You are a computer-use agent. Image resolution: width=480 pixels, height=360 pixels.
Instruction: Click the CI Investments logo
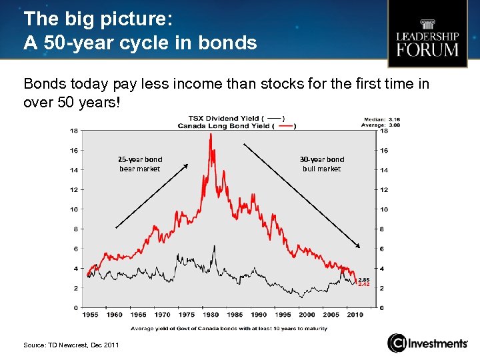point(428,343)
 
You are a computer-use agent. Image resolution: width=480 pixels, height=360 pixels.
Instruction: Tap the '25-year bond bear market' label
point(140,164)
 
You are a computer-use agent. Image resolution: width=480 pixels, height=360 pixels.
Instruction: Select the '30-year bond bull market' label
point(322,164)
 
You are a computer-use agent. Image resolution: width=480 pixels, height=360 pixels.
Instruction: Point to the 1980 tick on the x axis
point(211,314)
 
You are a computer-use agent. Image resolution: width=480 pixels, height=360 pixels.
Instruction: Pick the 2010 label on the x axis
point(355,314)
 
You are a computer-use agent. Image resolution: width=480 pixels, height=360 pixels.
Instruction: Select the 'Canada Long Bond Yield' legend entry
point(237,126)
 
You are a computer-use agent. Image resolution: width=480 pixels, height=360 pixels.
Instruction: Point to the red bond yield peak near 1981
point(211,135)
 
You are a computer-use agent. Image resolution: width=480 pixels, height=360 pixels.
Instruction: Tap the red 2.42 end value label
point(364,285)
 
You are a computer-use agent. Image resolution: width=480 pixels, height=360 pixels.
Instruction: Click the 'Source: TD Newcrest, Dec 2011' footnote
point(71,345)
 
